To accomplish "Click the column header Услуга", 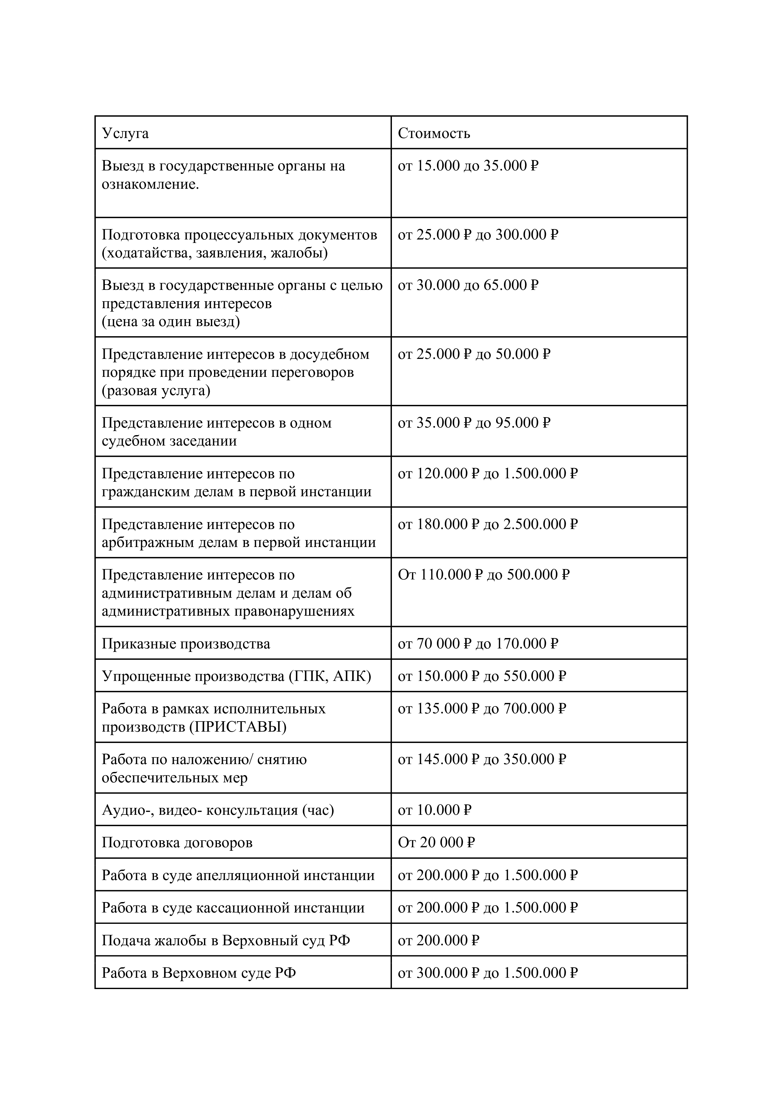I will [x=125, y=133].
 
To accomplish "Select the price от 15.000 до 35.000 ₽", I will [x=467, y=166].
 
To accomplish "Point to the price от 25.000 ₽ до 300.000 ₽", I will [x=478, y=235].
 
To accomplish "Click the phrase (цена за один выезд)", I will [x=170, y=321].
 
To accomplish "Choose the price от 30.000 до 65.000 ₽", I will [x=467, y=285].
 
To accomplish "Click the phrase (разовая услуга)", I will [x=156, y=390].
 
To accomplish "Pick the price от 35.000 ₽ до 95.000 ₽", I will [x=474, y=423].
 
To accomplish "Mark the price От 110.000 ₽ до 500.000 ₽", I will [x=483, y=575].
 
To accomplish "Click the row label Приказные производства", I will [x=186, y=644].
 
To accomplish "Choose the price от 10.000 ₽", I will [x=434, y=810].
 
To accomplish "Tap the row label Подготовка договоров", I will [x=177, y=843].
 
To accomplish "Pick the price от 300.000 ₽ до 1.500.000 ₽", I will [x=487, y=973].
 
